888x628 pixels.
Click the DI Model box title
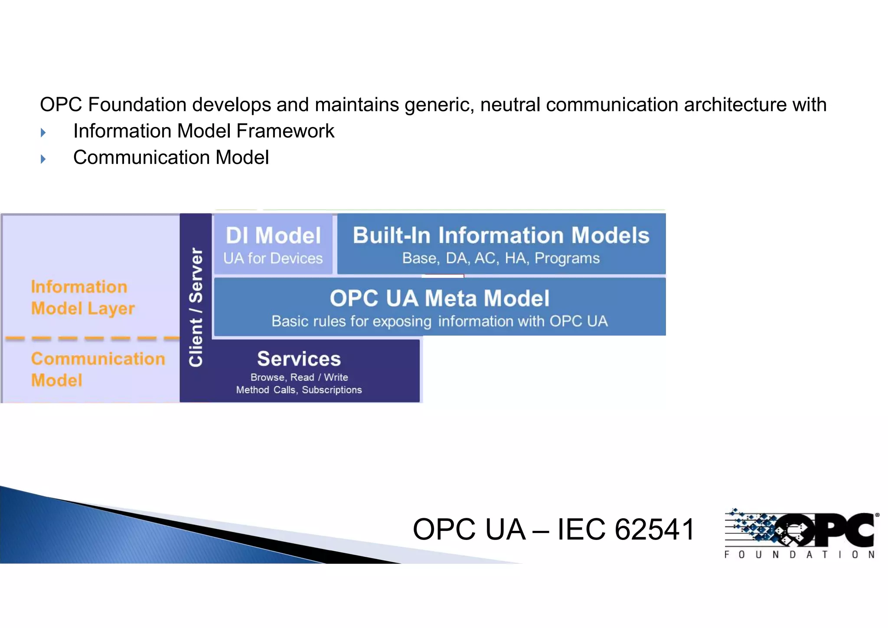pyautogui.click(x=273, y=235)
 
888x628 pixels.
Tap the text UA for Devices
pyautogui.click(x=273, y=258)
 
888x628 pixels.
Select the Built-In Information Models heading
pyautogui.click(x=501, y=235)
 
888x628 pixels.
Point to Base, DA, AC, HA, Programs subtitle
pyautogui.click(x=501, y=258)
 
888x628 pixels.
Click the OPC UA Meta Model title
pyautogui.click(x=439, y=298)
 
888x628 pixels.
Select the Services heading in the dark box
pyautogui.click(x=299, y=359)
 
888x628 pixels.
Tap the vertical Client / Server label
pyautogui.click(x=196, y=307)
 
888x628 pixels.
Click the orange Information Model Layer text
pyautogui.click(x=82, y=298)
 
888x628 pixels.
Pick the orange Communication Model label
pyautogui.click(x=98, y=369)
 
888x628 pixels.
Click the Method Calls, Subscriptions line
pyautogui.click(x=299, y=390)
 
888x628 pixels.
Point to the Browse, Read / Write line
pyautogui.click(x=299, y=377)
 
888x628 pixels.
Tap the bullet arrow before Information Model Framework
pyautogui.click(x=43, y=132)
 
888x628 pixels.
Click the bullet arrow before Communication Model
pyautogui.click(x=43, y=159)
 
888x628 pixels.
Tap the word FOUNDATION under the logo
pyautogui.click(x=800, y=555)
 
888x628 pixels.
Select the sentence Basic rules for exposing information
pyautogui.click(x=439, y=321)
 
